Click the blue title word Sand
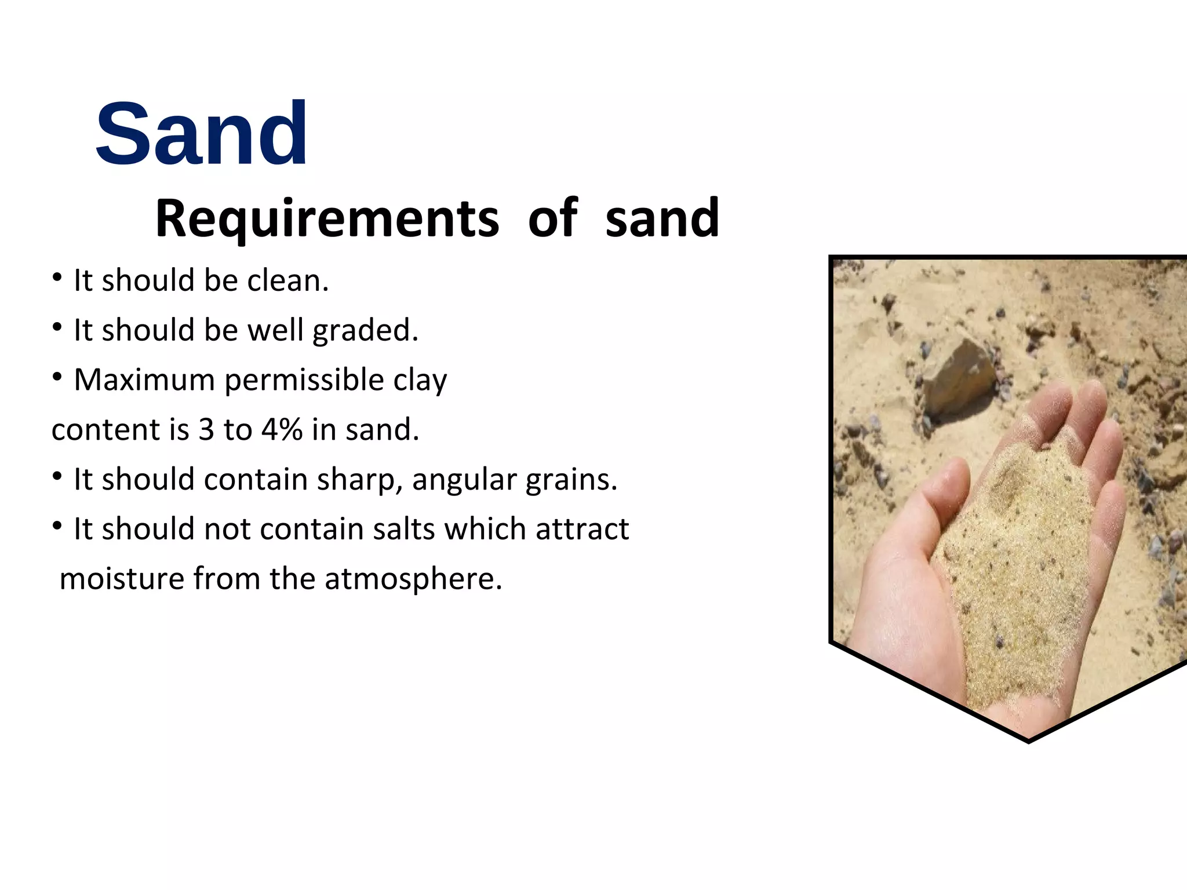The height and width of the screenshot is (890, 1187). pyautogui.click(x=202, y=134)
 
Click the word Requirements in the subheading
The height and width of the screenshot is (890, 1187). pyautogui.click(x=327, y=218)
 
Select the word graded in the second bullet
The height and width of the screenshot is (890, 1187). pyautogui.click(x=365, y=331)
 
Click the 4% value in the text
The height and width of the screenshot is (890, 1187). pyautogui.click(x=282, y=430)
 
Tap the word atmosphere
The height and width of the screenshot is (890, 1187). pyautogui.click(x=413, y=579)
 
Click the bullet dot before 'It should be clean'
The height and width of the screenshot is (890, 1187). pyautogui.click(x=57, y=278)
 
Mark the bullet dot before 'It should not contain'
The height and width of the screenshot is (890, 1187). pyautogui.click(x=57, y=526)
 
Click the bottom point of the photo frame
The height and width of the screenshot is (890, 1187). pyautogui.click(x=1028, y=741)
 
